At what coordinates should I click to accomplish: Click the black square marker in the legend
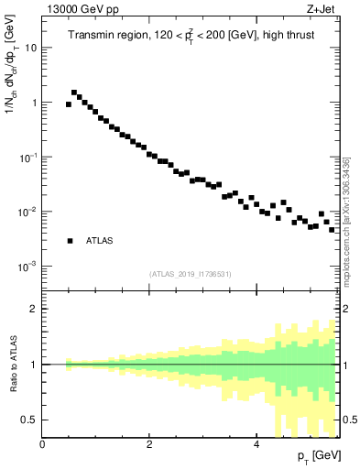point(70,241)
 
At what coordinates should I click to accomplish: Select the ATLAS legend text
point(100,241)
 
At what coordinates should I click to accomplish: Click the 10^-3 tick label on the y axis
point(27,267)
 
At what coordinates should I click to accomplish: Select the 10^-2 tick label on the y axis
point(27,212)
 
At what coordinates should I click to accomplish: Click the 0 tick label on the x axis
point(42,444)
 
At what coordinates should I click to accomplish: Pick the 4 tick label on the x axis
point(256,444)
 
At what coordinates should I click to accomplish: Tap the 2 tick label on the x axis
point(149,444)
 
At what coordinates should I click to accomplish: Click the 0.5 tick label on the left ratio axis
point(28,420)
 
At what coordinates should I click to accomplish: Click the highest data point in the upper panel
point(74,93)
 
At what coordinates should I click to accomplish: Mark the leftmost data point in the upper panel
point(69,104)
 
